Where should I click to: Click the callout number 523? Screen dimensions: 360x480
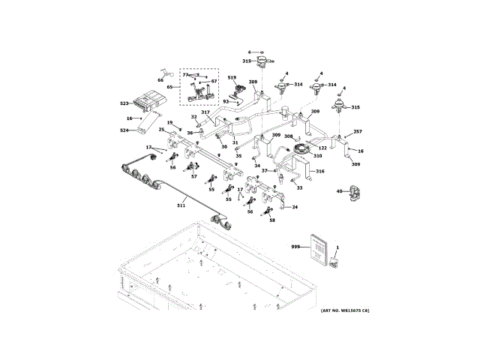pos(124,103)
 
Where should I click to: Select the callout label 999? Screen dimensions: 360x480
pos(295,246)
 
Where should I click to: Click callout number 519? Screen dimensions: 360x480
pos(232,77)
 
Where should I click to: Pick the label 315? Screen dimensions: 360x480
pos(355,107)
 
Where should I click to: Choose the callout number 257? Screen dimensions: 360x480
pos(358,132)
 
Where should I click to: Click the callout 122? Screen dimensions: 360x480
pos(322,148)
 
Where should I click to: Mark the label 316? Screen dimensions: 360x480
pos(320,172)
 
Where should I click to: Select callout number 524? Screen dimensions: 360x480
pos(124,130)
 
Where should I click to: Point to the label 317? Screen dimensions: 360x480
pos(205,112)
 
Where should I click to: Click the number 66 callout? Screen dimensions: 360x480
pos(160,79)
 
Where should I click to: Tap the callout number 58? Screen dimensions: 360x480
pos(271,220)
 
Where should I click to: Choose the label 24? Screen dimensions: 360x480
pos(295,207)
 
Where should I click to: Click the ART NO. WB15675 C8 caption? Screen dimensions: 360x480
pos(344,310)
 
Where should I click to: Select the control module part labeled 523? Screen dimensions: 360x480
pos(149,100)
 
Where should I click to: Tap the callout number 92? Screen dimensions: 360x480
pos(226,101)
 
